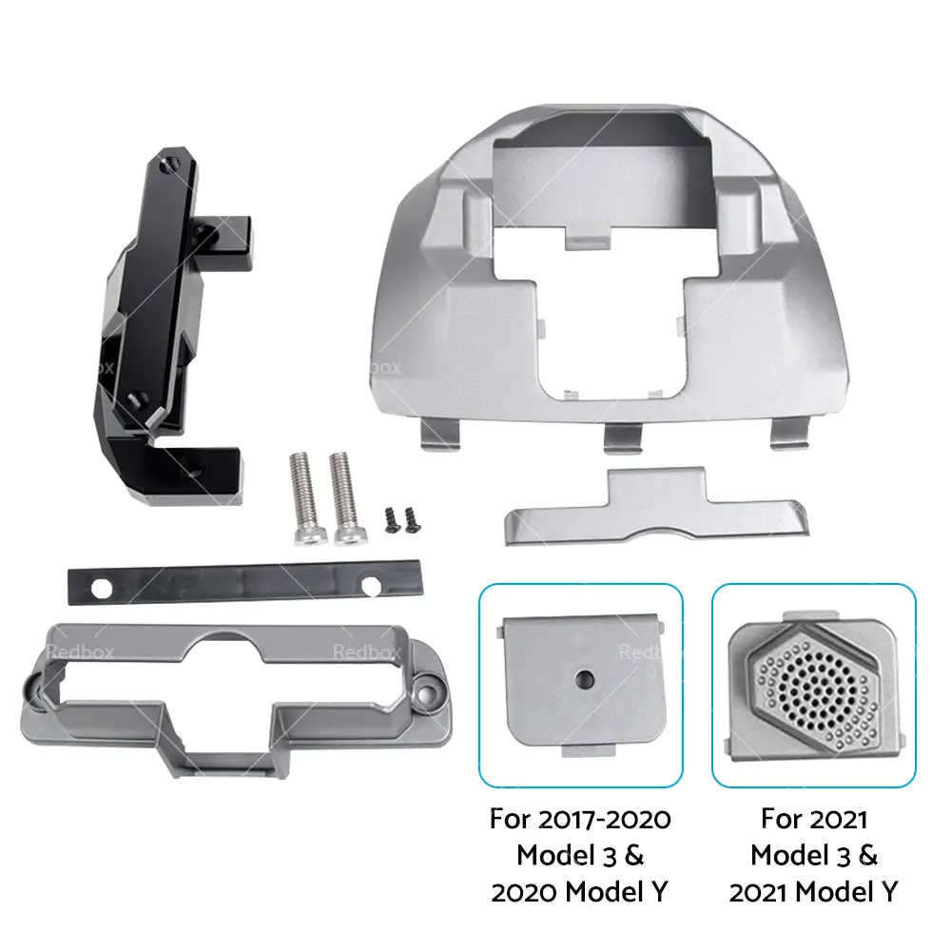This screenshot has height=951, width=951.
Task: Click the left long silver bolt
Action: tap(302, 497)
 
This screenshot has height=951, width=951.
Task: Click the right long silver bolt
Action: tap(343, 497)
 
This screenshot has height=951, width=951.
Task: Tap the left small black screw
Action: tap(390, 520)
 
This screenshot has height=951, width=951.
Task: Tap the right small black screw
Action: tap(411, 520)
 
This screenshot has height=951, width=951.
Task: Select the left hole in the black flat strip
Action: tap(101, 588)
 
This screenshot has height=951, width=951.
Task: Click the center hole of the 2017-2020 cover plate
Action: tap(585, 678)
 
